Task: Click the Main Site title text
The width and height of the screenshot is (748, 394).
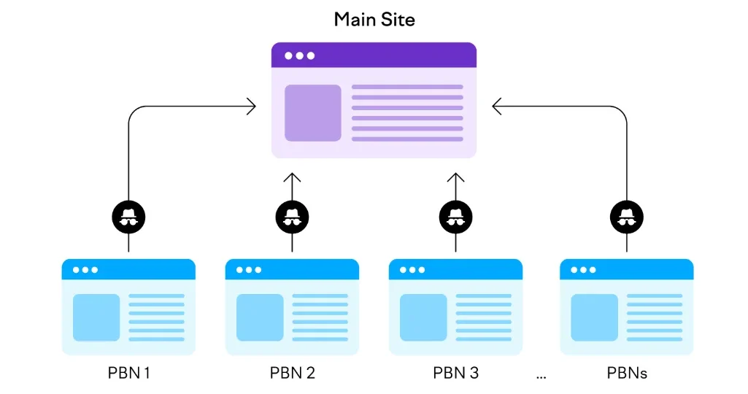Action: point(374,19)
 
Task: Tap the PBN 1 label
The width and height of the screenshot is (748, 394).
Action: point(128,373)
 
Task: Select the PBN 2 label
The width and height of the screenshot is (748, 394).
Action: point(292,373)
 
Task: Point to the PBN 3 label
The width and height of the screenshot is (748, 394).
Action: point(455,373)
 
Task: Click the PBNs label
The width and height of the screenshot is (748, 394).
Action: point(627,373)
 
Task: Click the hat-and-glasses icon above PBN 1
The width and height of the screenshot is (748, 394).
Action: point(128,217)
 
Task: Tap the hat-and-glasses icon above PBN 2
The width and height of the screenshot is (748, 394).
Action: point(292,217)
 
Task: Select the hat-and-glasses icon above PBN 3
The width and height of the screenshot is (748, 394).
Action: point(455,217)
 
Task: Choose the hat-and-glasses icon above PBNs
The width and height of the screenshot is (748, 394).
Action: point(627,217)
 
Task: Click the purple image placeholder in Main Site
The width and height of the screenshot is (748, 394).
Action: point(312,113)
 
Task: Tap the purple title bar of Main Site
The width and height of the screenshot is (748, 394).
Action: point(374,55)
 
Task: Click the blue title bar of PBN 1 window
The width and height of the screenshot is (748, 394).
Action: point(128,269)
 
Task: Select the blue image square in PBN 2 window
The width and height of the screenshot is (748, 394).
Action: point(260,317)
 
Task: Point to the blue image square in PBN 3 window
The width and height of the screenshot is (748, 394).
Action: point(423,317)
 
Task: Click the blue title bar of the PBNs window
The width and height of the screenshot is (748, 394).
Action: point(627,269)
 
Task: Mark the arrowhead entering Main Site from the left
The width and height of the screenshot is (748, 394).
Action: point(252,107)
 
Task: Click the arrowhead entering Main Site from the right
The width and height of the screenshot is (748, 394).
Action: point(497,107)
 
